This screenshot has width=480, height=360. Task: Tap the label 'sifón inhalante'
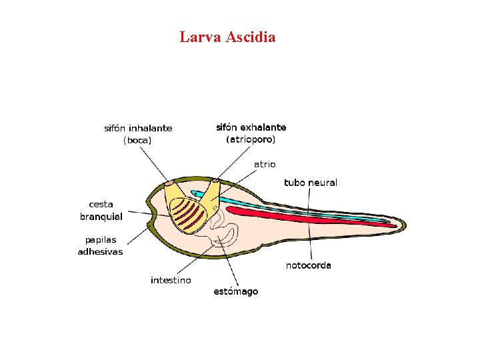coord(138,128)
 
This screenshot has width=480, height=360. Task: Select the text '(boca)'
coord(137,140)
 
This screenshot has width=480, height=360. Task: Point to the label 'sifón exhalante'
coord(251,127)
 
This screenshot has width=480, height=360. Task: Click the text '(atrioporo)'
coord(251,139)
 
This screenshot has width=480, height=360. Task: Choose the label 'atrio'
coord(265,163)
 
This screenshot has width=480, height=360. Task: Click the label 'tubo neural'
coord(311,182)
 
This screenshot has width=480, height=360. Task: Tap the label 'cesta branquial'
coord(101,210)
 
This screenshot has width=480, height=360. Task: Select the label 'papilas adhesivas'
coord(100,245)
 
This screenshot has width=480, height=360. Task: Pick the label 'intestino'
coord(171,280)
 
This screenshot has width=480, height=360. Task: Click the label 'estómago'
coord(236,291)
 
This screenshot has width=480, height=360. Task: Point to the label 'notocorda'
coord(308,265)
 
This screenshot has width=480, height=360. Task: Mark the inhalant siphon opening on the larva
coord(170,183)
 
